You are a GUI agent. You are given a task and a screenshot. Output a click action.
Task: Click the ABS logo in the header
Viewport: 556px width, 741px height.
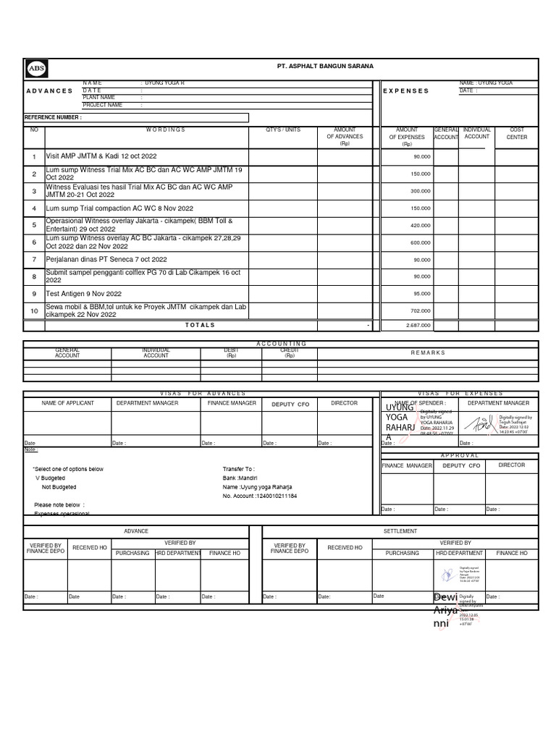(36, 68)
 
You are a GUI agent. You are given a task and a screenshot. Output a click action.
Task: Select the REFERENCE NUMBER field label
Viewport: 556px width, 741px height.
(54, 117)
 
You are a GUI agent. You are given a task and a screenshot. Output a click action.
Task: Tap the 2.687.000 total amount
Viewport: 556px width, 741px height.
(417, 325)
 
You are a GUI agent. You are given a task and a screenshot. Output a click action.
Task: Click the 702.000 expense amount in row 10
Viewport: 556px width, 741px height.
(420, 310)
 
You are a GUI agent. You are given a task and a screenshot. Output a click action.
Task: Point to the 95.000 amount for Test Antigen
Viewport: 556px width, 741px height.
(421, 294)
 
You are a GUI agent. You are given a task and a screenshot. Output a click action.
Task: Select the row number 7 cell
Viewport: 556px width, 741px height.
(34, 259)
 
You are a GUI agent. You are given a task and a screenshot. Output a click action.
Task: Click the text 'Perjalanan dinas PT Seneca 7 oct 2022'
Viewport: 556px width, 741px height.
(106, 259)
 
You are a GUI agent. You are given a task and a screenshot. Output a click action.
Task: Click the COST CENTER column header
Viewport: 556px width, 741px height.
(517, 133)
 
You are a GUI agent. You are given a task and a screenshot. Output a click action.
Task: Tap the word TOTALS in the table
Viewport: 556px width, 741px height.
(200, 325)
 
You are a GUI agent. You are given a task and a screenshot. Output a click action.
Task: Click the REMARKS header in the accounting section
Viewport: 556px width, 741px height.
(428, 352)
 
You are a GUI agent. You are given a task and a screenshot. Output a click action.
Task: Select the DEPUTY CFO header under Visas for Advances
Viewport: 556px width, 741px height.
(290, 404)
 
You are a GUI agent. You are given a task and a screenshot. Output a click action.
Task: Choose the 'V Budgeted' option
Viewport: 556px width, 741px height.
(50, 478)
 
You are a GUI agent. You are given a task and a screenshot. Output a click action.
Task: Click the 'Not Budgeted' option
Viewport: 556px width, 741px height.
(59, 488)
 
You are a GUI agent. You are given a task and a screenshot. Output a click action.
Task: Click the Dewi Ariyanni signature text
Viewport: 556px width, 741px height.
(445, 610)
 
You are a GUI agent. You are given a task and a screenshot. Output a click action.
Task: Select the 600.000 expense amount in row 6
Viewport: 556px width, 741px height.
(420, 242)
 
